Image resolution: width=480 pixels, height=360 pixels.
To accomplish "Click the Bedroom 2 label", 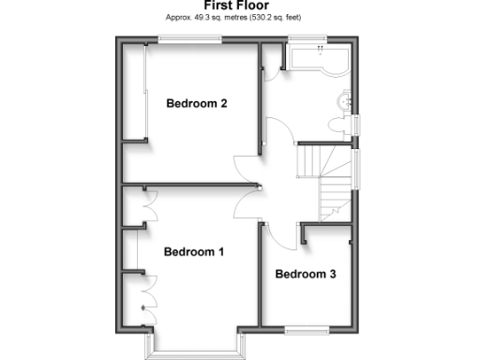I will coord(197,104).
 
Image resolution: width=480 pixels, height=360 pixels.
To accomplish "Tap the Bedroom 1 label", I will coord(194,252).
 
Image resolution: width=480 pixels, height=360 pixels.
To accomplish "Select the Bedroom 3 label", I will coord(306,275).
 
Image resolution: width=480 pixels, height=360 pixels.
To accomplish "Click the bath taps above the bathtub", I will coord(320,48).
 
